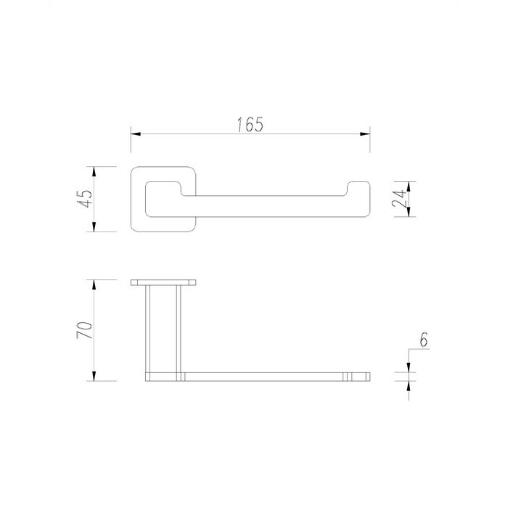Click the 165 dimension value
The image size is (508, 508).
coord(250,124)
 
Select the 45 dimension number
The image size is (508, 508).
coord(85,199)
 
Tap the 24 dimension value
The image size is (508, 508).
coord(398,199)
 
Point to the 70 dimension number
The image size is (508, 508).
coord(85,330)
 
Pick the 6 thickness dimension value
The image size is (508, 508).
coord(423,339)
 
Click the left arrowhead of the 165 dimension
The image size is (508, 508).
coord(136,134)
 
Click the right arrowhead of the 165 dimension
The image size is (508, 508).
coord(365,134)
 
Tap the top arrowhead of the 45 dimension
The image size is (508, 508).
coord(94,172)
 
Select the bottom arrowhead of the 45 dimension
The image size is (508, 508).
coord(94,226)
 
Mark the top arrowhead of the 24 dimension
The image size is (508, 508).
coord(409,187)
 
